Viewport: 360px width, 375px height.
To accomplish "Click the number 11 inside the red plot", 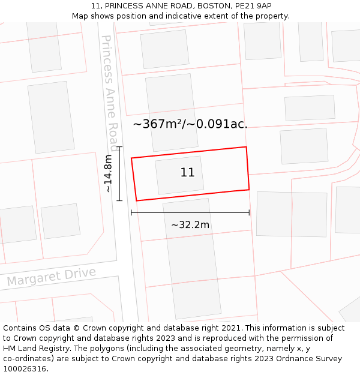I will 187,173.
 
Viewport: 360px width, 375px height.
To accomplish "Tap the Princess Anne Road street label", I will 109,92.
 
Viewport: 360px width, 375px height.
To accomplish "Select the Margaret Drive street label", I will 52,277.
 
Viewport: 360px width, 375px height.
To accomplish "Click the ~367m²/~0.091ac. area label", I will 190,124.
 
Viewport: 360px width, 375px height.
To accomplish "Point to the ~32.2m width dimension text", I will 190,225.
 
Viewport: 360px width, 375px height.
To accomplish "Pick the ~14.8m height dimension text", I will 107,173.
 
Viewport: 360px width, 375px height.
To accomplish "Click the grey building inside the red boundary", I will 179,175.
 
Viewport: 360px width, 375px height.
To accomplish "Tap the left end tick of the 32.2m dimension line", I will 131,212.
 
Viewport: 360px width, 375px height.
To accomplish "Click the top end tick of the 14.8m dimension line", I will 119,147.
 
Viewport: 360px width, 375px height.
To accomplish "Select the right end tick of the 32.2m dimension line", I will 249,212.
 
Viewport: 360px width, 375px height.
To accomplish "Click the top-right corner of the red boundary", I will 246,147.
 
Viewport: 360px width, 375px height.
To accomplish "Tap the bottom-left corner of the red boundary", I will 137,200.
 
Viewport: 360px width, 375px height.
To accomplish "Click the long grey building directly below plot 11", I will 192,258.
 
